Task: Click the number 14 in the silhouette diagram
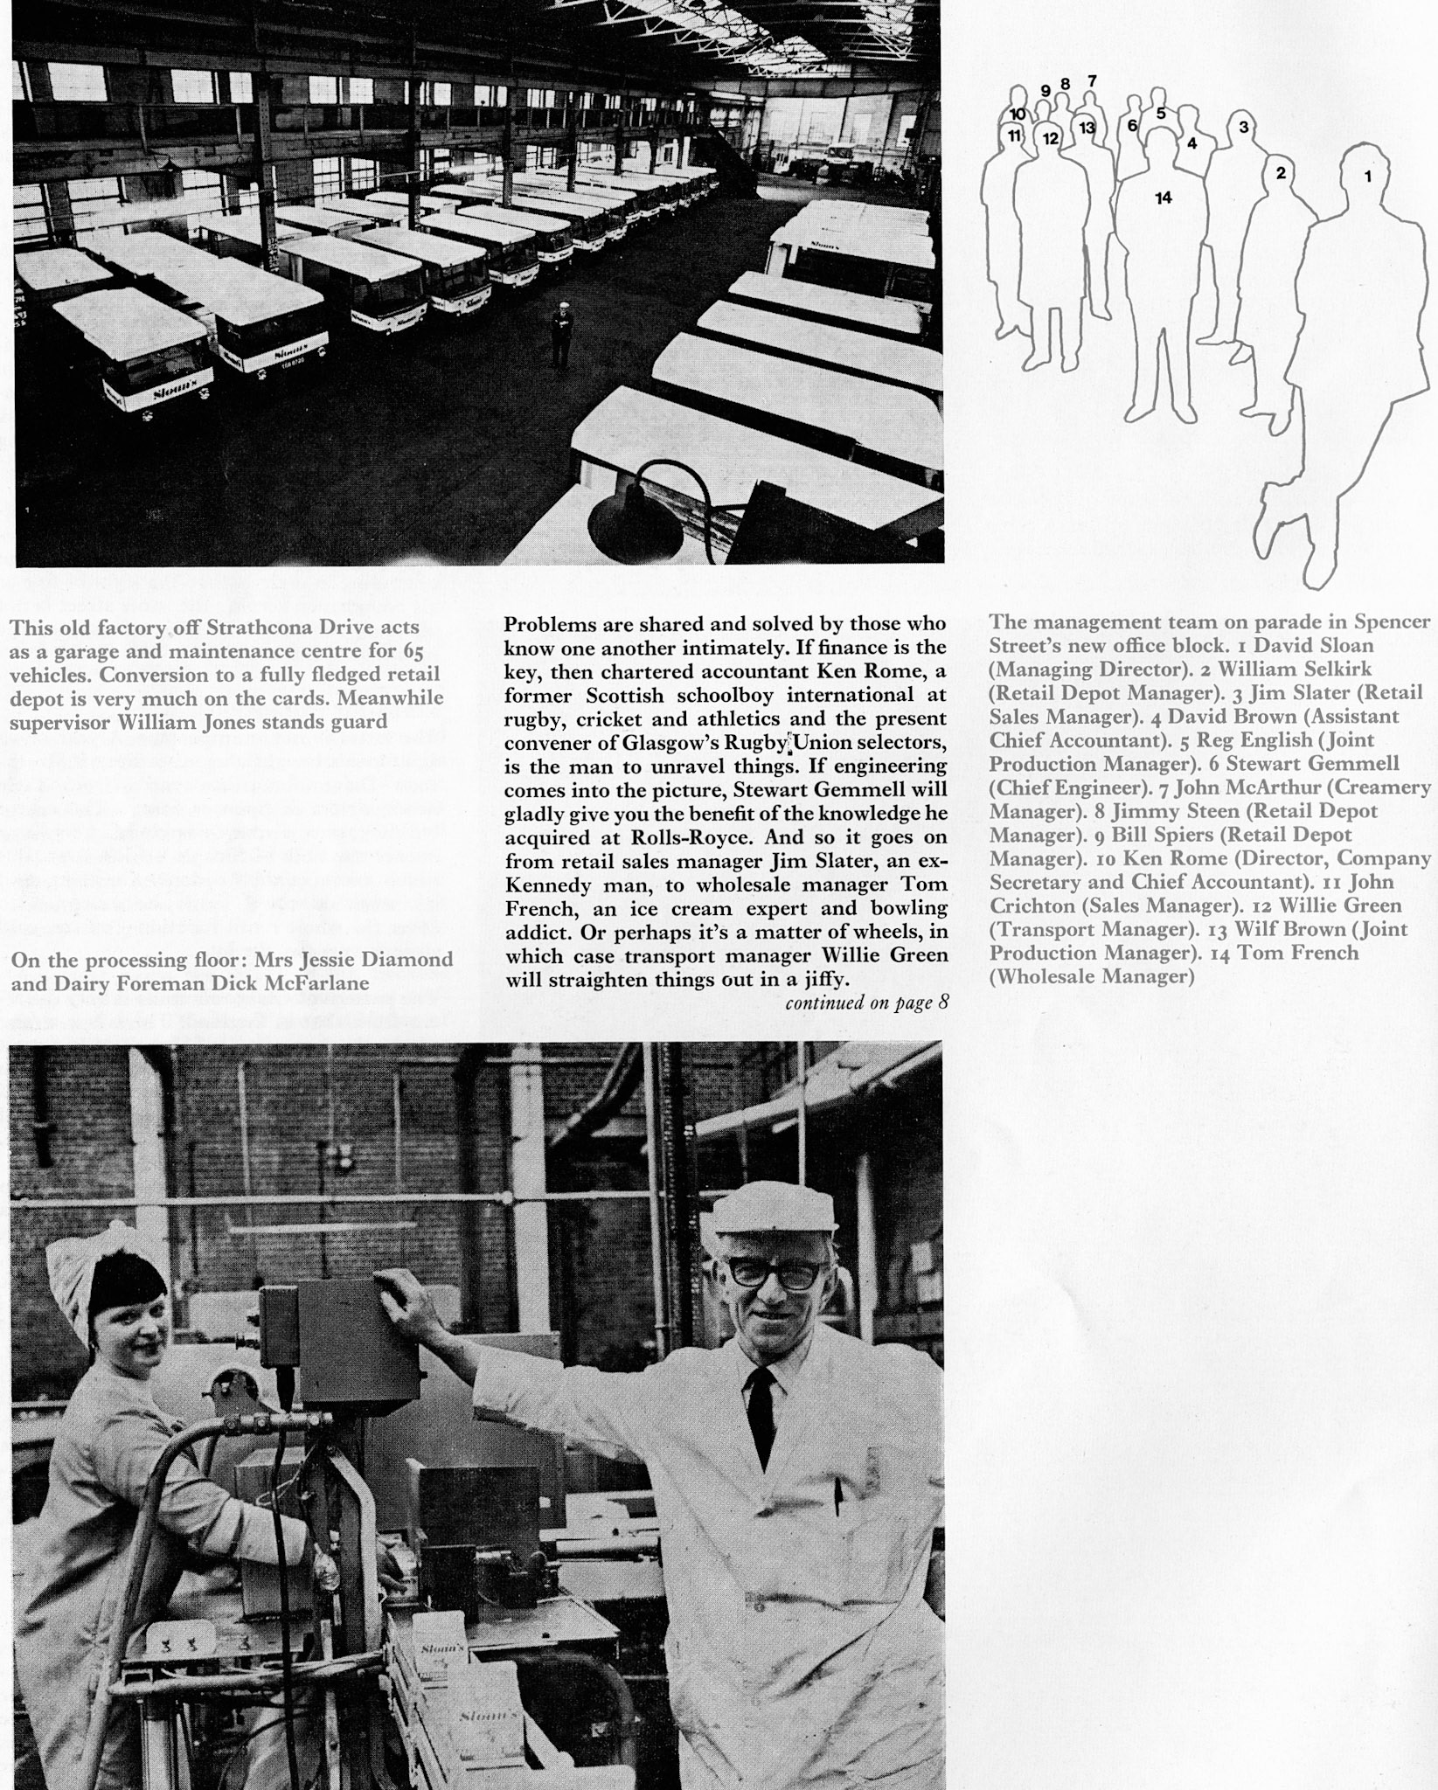click(1163, 198)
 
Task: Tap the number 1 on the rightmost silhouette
click(1367, 177)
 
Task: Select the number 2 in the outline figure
click(1281, 172)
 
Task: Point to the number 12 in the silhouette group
click(1050, 138)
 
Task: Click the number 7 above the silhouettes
click(1092, 80)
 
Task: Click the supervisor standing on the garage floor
click(559, 332)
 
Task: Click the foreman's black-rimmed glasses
click(773, 1273)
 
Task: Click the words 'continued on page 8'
click(866, 1003)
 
